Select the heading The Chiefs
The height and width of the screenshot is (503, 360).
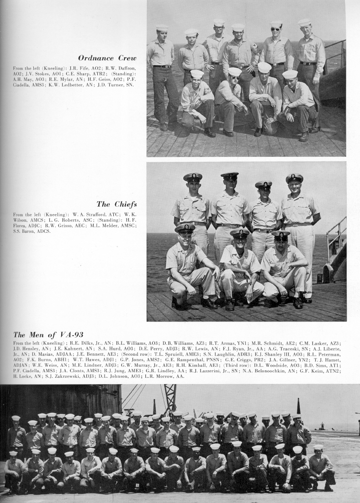click(116, 204)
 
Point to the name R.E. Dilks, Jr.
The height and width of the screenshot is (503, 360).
click(80, 343)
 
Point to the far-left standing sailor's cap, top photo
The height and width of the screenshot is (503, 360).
click(162, 28)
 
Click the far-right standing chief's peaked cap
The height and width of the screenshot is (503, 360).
click(294, 177)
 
